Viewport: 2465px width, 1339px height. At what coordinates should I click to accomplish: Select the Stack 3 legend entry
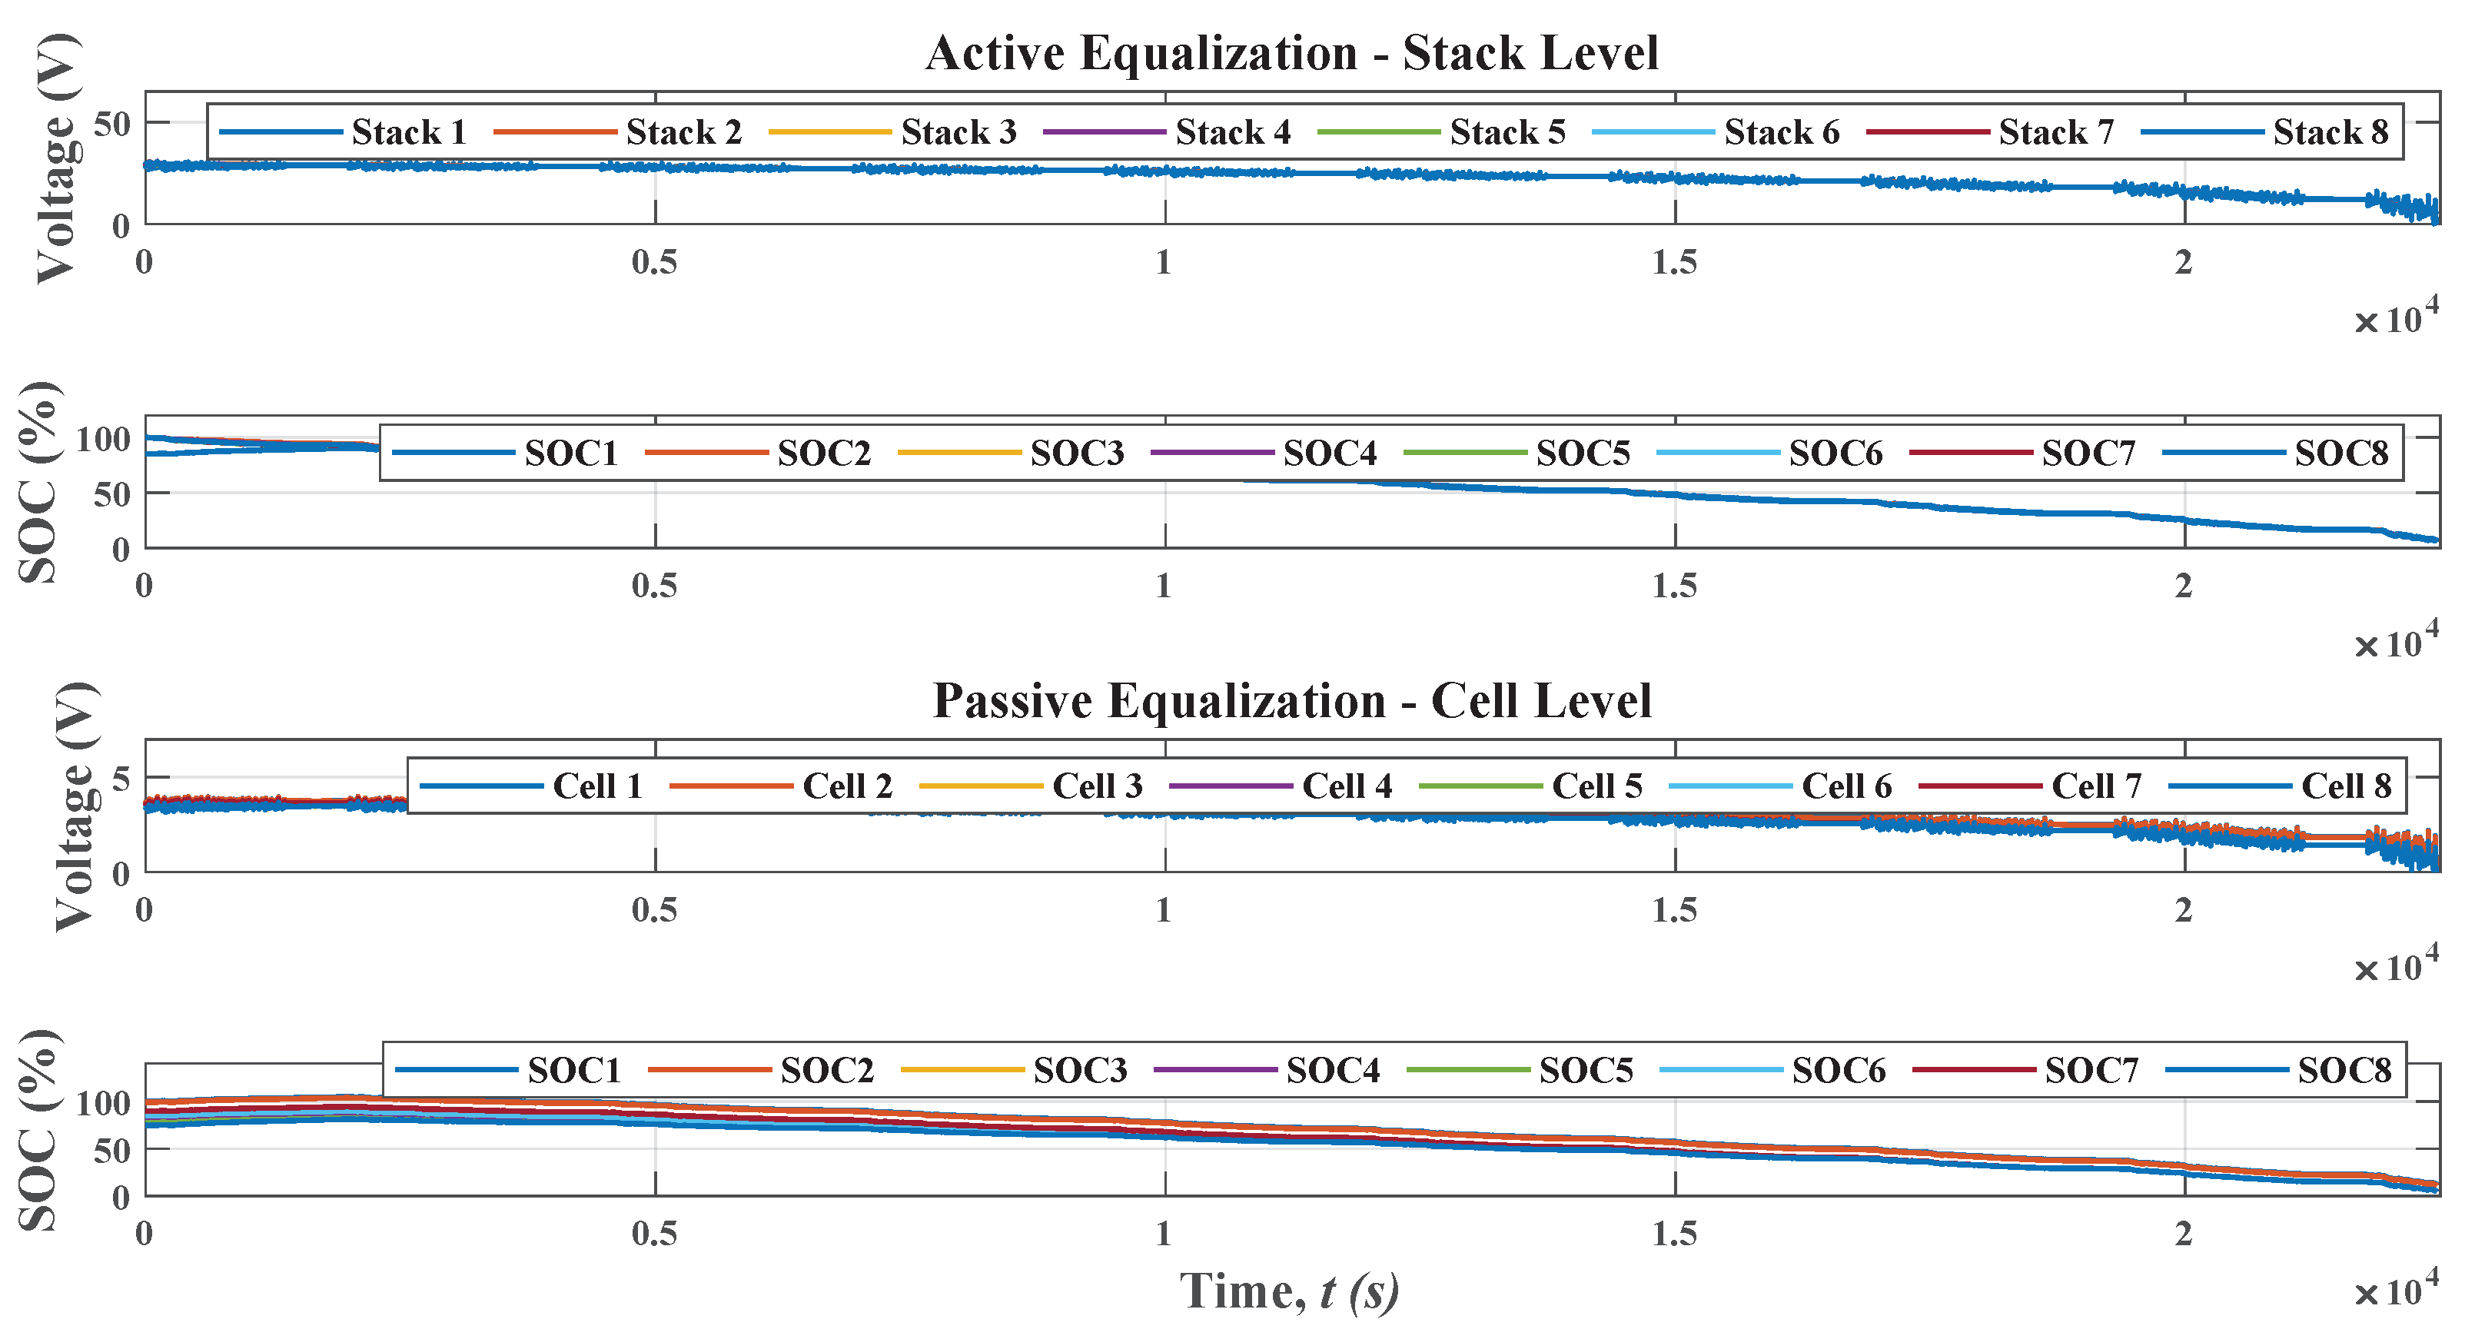click(x=958, y=132)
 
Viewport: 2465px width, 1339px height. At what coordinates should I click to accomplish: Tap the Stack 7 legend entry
click(x=2055, y=132)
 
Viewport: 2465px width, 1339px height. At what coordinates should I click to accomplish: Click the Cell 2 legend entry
click(x=847, y=787)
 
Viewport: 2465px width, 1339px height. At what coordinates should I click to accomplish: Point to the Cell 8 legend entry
click(x=2345, y=787)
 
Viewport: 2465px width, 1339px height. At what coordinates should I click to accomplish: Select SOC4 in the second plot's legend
click(x=1329, y=453)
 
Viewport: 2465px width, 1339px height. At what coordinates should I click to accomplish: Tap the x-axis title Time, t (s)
click(x=1289, y=1291)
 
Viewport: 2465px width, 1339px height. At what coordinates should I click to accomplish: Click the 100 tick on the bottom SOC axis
click(x=102, y=1104)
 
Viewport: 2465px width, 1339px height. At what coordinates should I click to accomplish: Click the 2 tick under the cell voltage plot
click(x=2183, y=910)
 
